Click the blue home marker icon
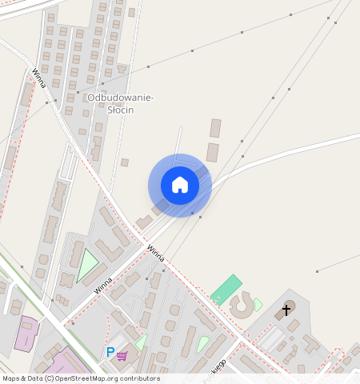pyautogui.click(x=180, y=185)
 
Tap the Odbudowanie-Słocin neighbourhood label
pyautogui.click(x=120, y=103)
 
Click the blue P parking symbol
pyautogui.click(x=110, y=352)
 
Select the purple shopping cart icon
pyautogui.click(x=122, y=355)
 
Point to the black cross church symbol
pyautogui.click(x=287, y=309)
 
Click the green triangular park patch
pyautogui.click(x=86, y=266)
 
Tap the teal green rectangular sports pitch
pyautogui.click(x=226, y=289)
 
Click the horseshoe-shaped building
pyautogui.click(x=240, y=305)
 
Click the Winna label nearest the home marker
pyautogui.click(x=155, y=253)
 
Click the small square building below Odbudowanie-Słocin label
pyautogui.click(x=125, y=162)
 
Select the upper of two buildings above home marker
pyautogui.click(x=215, y=128)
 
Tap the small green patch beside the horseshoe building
pyautogui.click(x=258, y=304)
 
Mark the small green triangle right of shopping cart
pyautogui.click(x=141, y=342)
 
